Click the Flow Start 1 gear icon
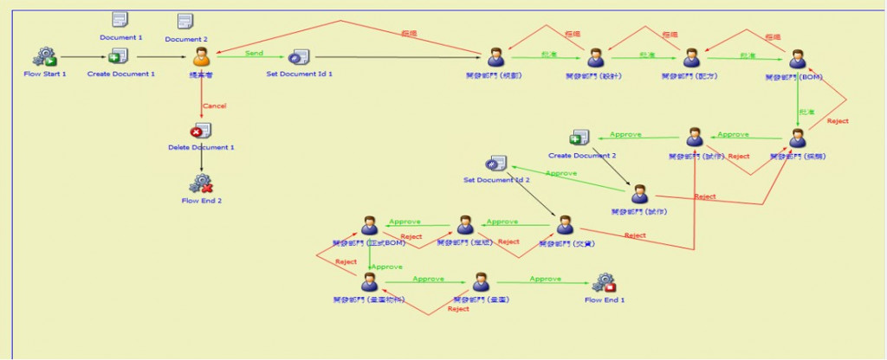[x=44, y=57]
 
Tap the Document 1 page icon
[x=120, y=20]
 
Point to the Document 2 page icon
[x=185, y=21]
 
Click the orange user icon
[x=201, y=57]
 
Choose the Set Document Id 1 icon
[x=299, y=57]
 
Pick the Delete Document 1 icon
[x=201, y=132]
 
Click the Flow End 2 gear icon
[x=201, y=183]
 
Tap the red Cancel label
[x=214, y=106]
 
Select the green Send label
[x=255, y=53]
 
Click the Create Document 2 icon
[x=579, y=138]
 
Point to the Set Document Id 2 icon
[x=495, y=164]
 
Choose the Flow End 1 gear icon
[x=604, y=283]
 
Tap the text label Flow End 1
[x=605, y=300]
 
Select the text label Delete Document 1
[x=201, y=147]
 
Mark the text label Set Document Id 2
[x=495, y=180]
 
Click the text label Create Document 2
[x=582, y=155]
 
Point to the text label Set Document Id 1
[x=299, y=74]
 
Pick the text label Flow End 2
[x=202, y=201]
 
